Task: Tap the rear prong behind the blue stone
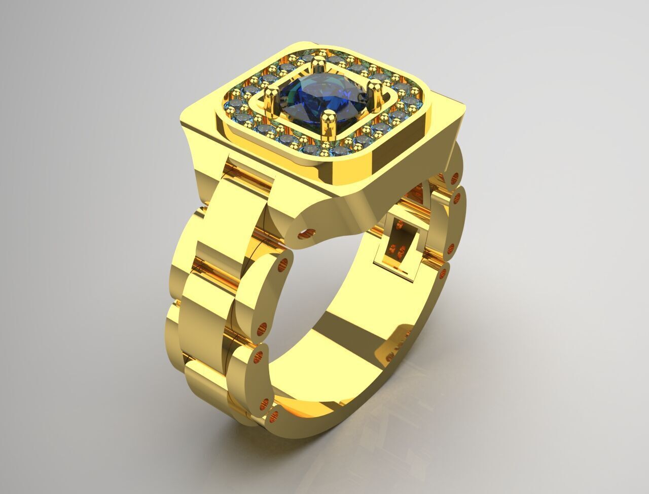pos(319,64)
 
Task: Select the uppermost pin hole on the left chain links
pos(283,263)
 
